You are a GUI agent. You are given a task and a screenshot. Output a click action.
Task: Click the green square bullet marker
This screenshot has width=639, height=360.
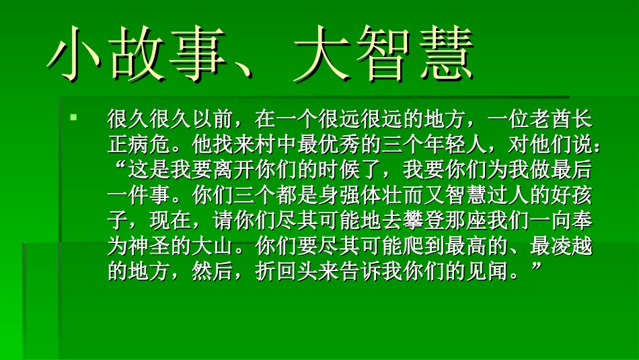[74, 118]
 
